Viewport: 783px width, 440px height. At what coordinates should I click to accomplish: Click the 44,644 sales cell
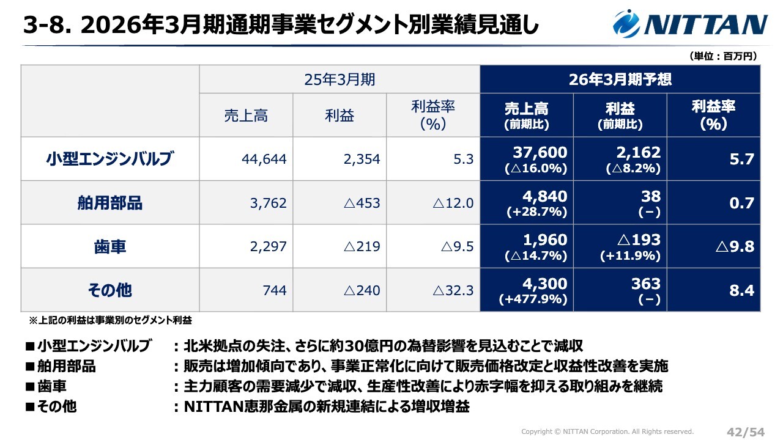pos(264,159)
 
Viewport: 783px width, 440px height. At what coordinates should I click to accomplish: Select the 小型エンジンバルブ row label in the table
pos(110,159)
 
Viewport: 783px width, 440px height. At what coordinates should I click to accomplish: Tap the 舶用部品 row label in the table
pos(110,203)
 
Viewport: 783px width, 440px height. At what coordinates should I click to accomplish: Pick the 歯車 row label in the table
pos(110,247)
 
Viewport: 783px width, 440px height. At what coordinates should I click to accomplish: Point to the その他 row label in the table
pos(110,290)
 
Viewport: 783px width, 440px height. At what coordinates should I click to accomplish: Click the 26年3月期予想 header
pos(620,79)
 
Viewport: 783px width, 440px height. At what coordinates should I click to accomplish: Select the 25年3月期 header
pos(340,79)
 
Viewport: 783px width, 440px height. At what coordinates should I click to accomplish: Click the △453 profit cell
pos(362,203)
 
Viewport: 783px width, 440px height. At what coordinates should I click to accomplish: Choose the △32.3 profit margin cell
pos(453,290)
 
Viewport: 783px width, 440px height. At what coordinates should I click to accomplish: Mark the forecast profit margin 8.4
pos(741,290)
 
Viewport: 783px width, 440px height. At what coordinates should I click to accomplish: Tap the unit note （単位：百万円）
pos(724,56)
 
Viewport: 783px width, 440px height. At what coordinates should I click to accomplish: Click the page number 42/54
pos(745,432)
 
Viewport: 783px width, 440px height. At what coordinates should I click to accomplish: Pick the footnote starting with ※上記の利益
pos(111,320)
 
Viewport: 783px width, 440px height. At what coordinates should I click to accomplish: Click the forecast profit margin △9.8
pos(734,247)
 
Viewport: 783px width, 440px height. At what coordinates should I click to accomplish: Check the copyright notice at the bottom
pos(607,431)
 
